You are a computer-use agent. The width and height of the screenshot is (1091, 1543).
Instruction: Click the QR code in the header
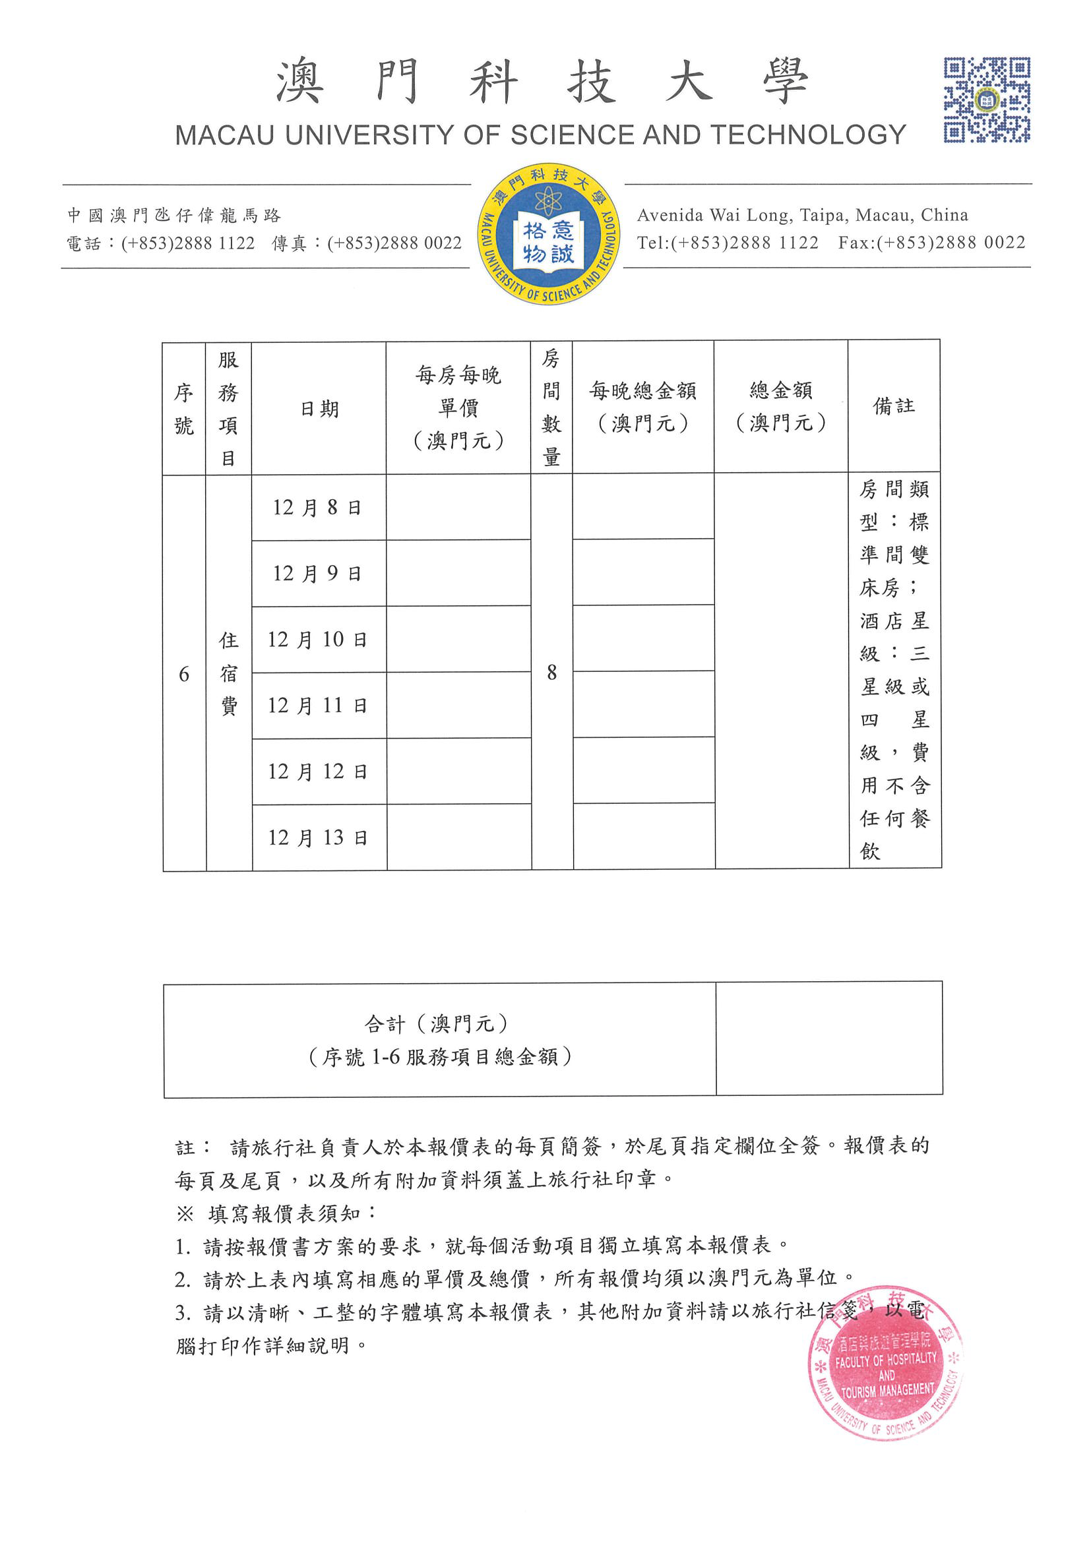986,100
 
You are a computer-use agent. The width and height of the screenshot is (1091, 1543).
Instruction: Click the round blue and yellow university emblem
548,234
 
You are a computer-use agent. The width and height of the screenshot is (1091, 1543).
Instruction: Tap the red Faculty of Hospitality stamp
886,1364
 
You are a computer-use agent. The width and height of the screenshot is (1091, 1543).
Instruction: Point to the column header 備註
893,406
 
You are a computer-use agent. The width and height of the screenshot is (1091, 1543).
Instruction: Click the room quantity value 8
551,672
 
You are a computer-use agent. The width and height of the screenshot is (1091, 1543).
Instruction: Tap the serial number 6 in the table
183,674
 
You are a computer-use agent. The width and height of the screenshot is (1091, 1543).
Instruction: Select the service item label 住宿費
228,673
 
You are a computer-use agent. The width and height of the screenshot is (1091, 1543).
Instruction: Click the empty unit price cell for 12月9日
458,573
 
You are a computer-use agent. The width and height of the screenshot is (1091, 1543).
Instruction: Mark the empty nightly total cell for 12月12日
643,770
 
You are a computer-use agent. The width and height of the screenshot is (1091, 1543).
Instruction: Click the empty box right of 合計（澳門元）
829,1039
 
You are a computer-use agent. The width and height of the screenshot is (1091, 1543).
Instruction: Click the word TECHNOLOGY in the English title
809,135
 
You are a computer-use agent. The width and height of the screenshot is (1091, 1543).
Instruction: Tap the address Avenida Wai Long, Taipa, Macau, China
803,215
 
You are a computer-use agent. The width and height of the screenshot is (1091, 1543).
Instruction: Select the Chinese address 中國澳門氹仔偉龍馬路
174,215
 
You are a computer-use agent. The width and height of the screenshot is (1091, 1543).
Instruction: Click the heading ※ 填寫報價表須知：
277,1214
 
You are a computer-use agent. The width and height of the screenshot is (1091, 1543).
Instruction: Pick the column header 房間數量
551,408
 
